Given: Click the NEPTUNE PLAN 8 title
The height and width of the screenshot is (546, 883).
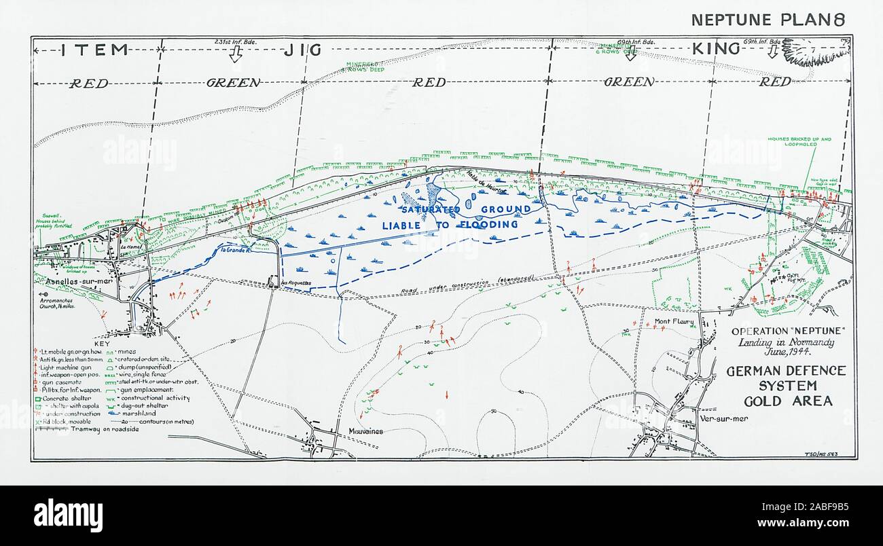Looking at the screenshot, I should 768,19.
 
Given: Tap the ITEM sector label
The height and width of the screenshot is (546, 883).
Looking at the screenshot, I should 95,49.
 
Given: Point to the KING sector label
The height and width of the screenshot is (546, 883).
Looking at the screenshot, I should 715,48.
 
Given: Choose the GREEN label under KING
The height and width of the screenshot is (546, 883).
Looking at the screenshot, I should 630,82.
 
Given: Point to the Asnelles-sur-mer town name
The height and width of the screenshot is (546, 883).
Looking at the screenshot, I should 70,280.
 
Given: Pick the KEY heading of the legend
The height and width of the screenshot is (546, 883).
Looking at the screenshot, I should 101,344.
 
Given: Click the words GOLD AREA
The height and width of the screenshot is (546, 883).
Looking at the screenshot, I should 787,401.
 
